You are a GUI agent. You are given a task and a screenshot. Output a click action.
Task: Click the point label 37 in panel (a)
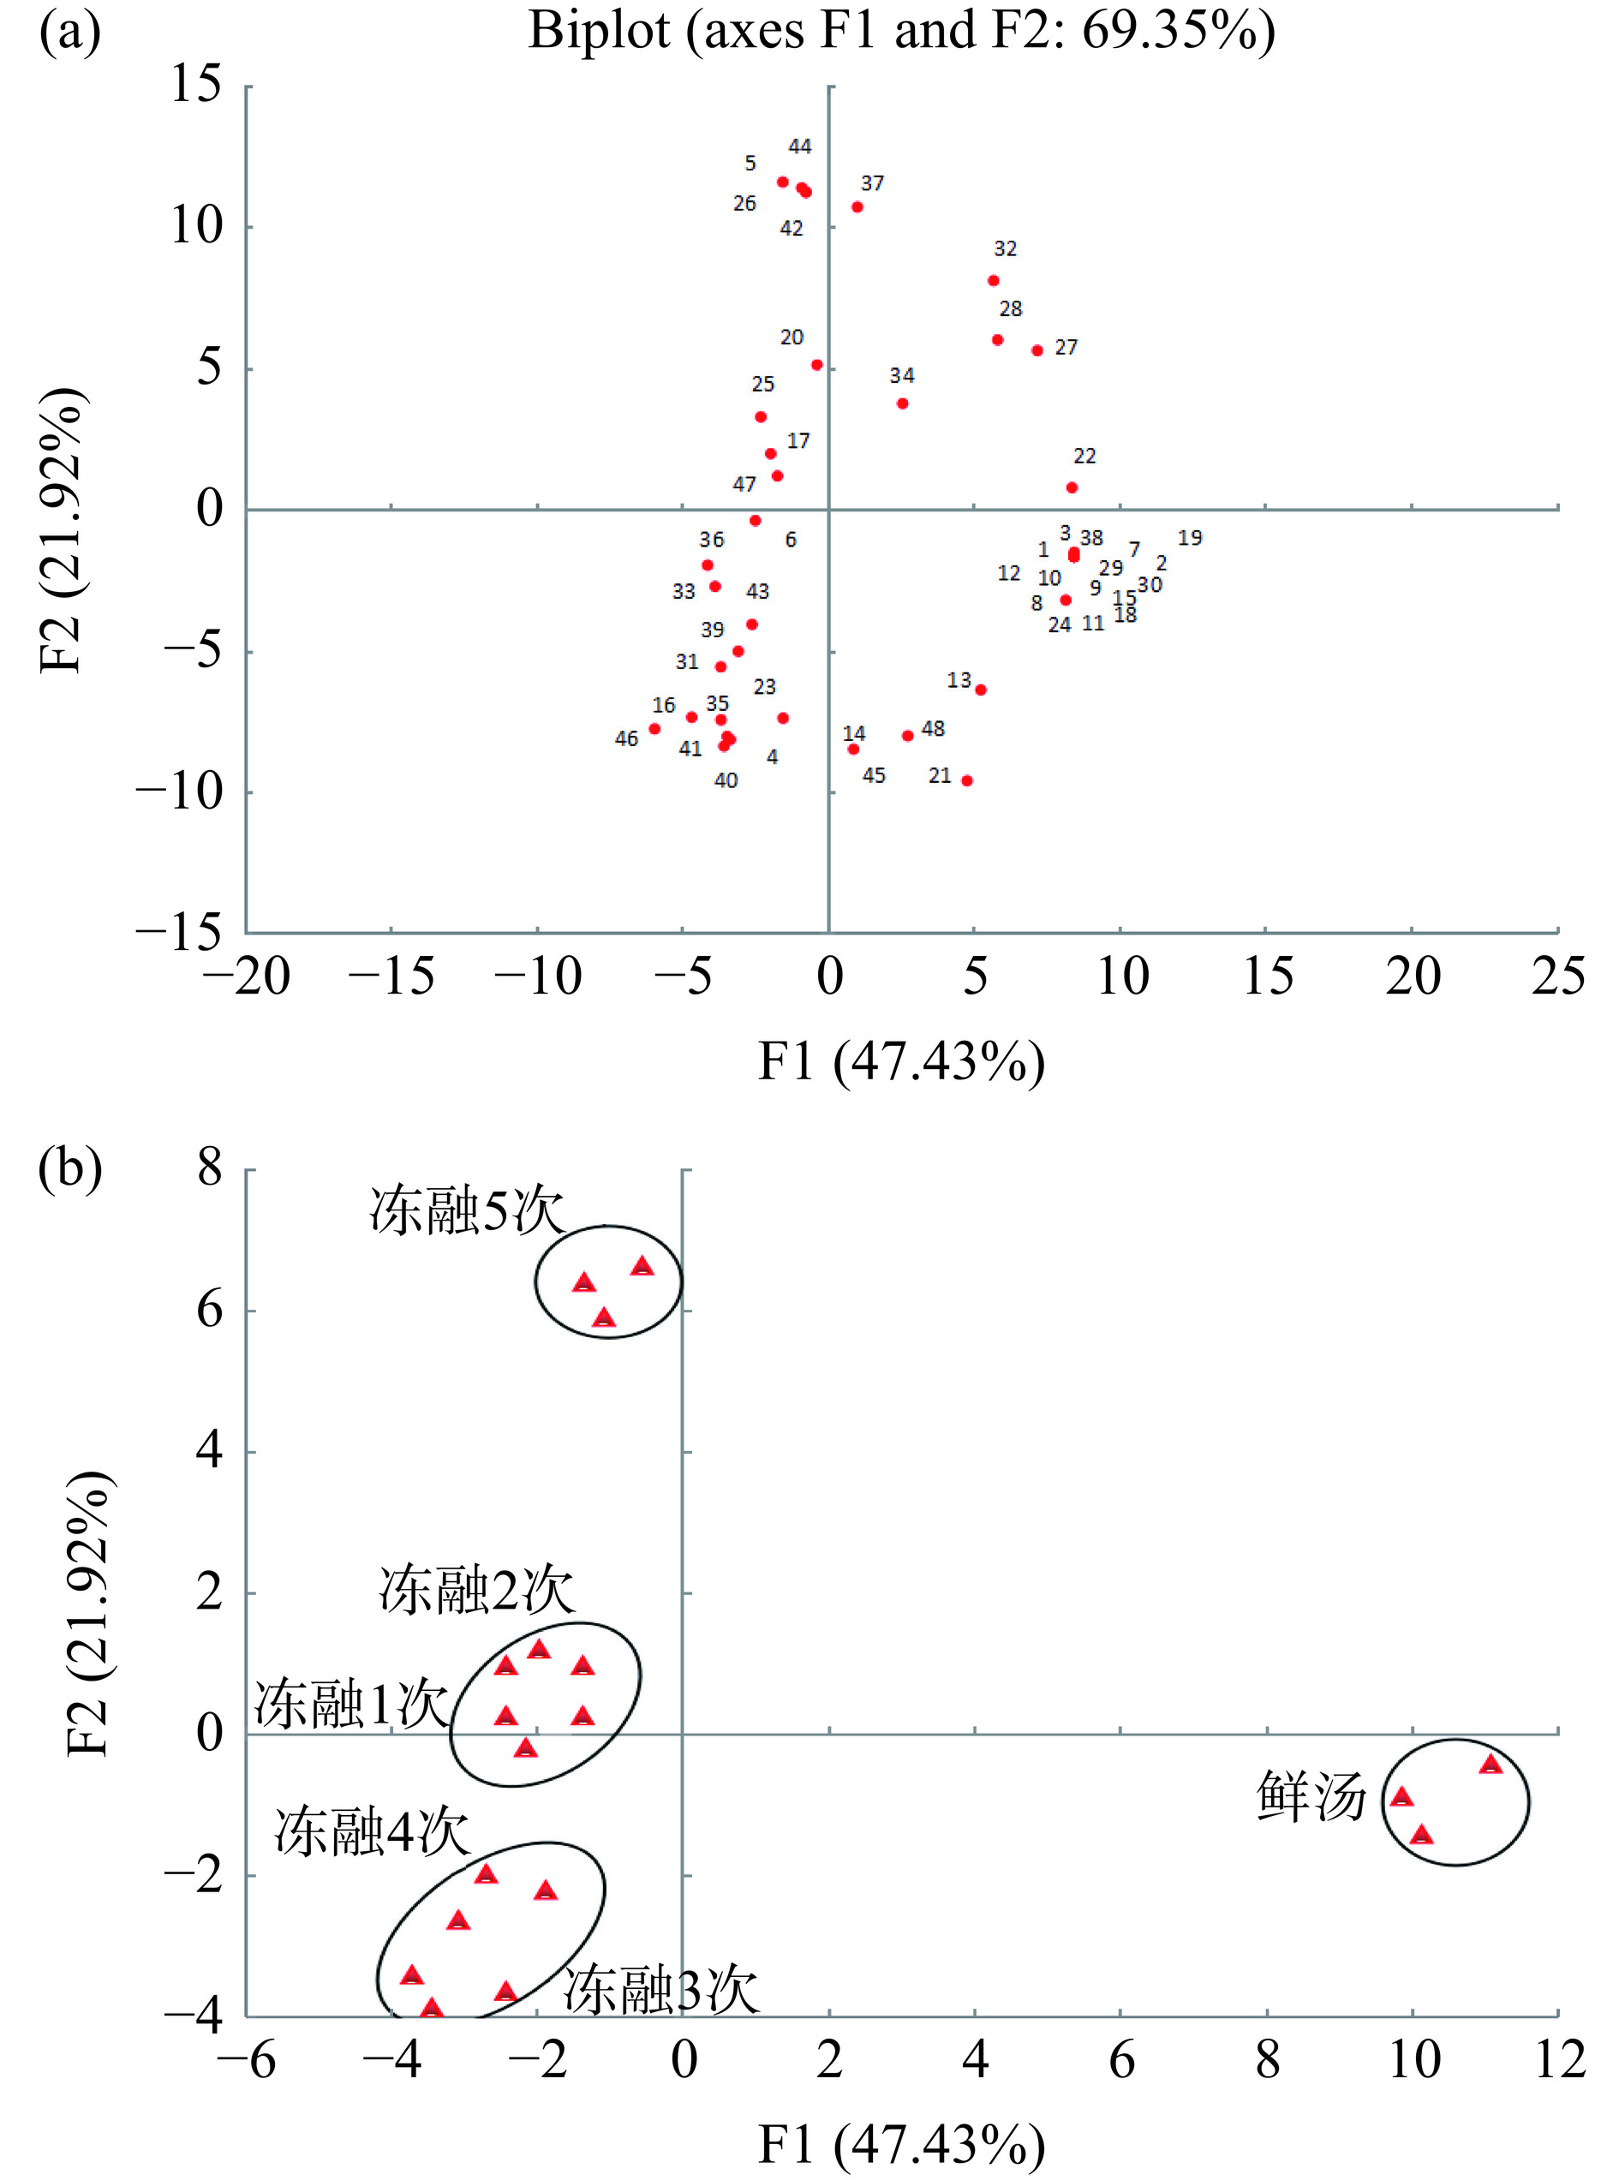pos(871,183)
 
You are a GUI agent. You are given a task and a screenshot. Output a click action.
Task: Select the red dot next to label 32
pos(993,280)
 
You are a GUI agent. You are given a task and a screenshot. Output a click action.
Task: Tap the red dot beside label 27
pos(1037,350)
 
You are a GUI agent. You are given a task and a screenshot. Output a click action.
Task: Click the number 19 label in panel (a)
pos(1189,538)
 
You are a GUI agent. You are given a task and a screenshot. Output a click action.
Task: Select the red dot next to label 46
pos(654,729)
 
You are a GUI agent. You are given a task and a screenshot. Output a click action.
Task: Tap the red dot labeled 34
pos(902,403)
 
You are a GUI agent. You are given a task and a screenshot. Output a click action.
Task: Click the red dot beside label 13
pos(980,690)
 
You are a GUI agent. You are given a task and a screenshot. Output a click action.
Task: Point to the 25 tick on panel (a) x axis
pos(1556,977)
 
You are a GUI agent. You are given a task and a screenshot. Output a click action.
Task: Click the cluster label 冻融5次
pos(467,1212)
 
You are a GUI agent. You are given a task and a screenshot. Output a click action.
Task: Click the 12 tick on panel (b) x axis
pos(1558,2060)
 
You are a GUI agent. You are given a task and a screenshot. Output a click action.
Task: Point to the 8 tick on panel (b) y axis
pos(209,1169)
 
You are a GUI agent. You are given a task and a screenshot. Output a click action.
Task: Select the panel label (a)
pos(69,32)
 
